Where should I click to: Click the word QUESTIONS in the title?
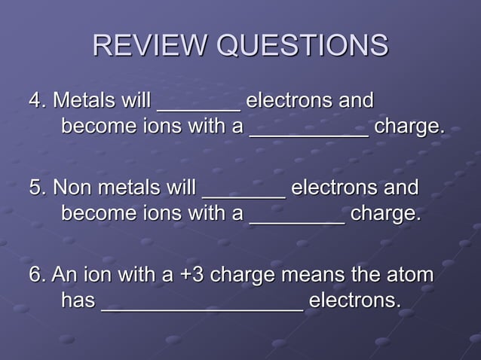pyautogui.click(x=302, y=46)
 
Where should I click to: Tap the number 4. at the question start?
pyautogui.click(x=37, y=100)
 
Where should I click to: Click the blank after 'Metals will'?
pyautogui.click(x=198, y=105)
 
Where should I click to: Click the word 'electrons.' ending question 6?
pyautogui.click(x=354, y=301)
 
